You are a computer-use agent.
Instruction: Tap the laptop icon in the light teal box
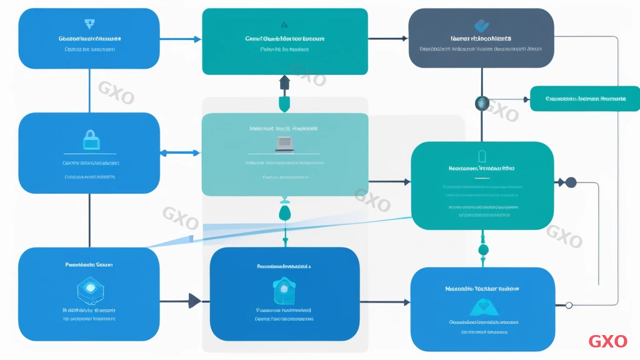pyautogui.click(x=284, y=144)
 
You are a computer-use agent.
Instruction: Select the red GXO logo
pyautogui.click(x=607, y=341)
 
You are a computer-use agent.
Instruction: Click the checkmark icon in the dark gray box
pyautogui.click(x=481, y=26)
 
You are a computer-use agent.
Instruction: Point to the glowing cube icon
pyautogui.click(x=89, y=288)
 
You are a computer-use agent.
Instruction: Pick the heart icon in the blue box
pyautogui.click(x=482, y=306)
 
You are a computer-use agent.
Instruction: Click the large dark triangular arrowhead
pyautogui.click(x=194, y=301)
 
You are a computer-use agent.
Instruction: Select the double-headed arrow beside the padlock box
pyautogui.click(x=181, y=152)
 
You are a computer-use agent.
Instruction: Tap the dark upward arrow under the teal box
pyautogui.click(x=284, y=82)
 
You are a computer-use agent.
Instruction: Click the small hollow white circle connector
pyautogui.click(x=569, y=304)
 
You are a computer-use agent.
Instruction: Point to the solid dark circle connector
pyautogui.click(x=570, y=182)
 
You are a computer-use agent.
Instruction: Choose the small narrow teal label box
pyautogui.click(x=584, y=99)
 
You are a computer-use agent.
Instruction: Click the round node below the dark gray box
pyautogui.click(x=481, y=103)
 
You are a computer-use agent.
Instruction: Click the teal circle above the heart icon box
pyautogui.click(x=482, y=250)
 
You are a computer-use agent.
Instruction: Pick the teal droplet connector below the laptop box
pyautogui.click(x=284, y=213)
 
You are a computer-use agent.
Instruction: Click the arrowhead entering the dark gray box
pyautogui.click(x=404, y=39)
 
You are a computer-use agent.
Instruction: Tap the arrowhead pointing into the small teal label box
pyautogui.click(x=526, y=99)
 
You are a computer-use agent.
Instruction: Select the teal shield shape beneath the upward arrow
pyautogui.click(x=284, y=102)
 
